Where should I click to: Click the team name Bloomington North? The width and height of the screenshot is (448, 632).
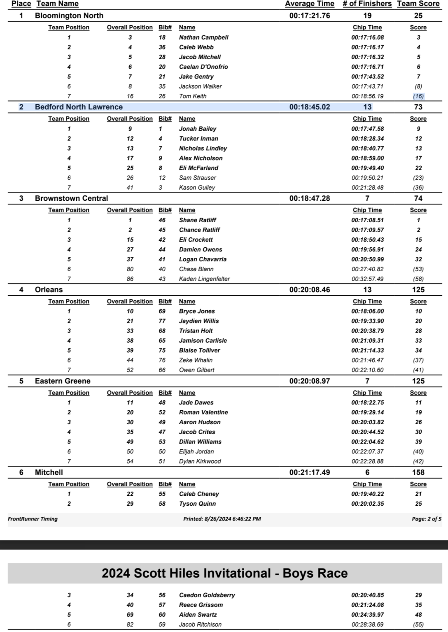pos(69,16)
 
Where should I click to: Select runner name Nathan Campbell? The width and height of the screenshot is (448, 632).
pos(203,37)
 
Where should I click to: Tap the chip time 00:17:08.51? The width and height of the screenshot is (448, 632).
pos(367,220)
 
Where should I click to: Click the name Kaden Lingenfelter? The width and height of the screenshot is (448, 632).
pos(204,279)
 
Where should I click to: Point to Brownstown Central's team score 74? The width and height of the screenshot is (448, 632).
pos(418,198)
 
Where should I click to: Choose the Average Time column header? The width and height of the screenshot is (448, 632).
pos(309,4)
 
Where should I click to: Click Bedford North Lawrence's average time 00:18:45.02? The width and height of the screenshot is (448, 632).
pos(309,107)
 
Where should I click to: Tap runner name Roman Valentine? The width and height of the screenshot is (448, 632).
pos(203,412)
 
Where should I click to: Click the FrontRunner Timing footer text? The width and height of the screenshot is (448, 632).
pos(33,519)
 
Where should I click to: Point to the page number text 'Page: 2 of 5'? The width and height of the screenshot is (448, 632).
pos(426,519)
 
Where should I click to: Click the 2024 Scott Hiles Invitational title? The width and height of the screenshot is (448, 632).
pos(224,573)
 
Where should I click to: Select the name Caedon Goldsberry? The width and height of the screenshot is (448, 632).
pos(207,595)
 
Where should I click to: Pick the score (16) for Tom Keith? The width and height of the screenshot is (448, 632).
pos(418,96)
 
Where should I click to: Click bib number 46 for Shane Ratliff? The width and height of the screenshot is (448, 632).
pos(162,220)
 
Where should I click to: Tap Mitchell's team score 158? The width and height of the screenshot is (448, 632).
pos(418,472)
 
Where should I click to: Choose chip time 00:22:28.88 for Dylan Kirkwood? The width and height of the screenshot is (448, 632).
pos(367,461)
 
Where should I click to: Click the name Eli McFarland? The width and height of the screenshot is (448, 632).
pos(198,168)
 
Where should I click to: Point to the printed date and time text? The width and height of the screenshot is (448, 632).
pos(222,519)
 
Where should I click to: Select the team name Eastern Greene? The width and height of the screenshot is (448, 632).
pos(63,381)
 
